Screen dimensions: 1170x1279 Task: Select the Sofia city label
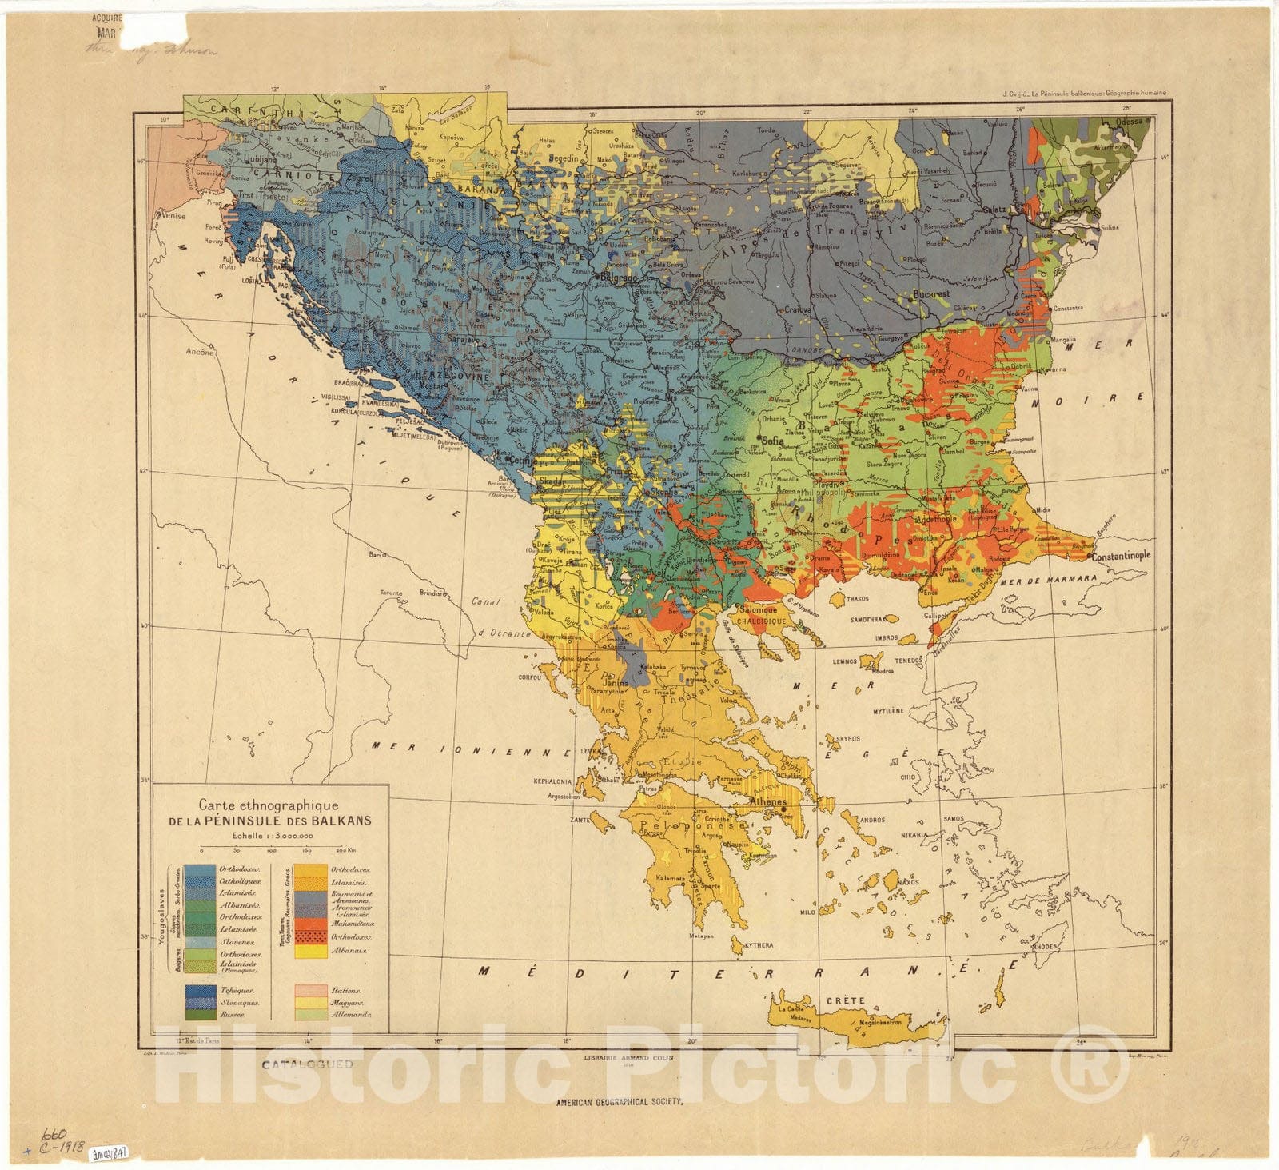tap(773, 440)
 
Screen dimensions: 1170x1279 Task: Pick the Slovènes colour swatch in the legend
tap(199, 943)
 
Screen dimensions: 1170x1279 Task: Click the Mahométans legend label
tap(352, 924)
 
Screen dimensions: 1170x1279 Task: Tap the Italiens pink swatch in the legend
tap(310, 990)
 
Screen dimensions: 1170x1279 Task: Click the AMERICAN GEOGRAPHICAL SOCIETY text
tap(620, 1102)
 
